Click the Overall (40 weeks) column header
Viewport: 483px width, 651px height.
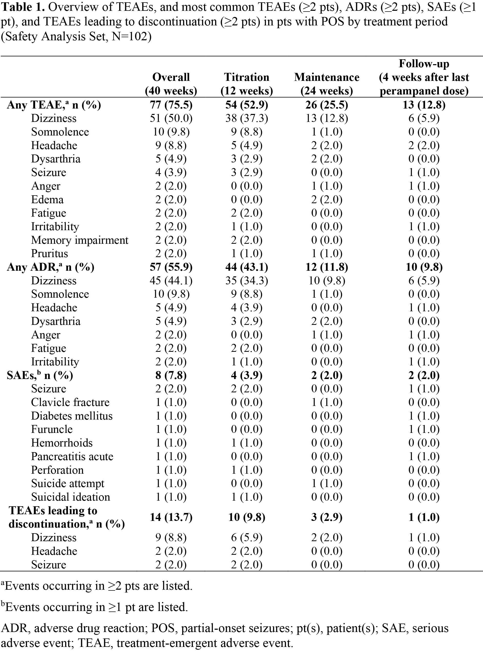coord(171,84)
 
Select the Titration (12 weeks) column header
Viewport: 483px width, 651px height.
coord(246,84)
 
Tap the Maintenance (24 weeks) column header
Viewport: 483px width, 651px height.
coord(327,84)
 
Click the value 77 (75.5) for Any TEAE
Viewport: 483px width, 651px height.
coord(171,105)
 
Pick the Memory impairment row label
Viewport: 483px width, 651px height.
coord(79,240)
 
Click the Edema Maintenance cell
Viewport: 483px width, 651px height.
coord(327,200)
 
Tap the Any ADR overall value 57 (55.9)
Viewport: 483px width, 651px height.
coord(171,267)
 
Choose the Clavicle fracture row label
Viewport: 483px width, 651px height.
coord(70,402)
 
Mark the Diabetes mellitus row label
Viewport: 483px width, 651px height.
coord(72,416)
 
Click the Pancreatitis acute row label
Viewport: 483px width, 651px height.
coord(72,456)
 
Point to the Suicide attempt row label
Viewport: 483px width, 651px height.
coord(67,483)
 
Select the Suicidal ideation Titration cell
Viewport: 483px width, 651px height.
coord(246,497)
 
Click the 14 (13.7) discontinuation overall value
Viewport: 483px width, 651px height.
coord(171,517)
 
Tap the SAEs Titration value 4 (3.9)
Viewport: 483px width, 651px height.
coord(246,375)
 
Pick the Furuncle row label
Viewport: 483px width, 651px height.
coord(52,429)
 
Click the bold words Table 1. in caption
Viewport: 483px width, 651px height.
coord(23,7)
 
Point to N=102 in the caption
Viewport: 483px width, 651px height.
coord(130,37)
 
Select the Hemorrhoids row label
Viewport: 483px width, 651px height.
coord(62,443)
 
